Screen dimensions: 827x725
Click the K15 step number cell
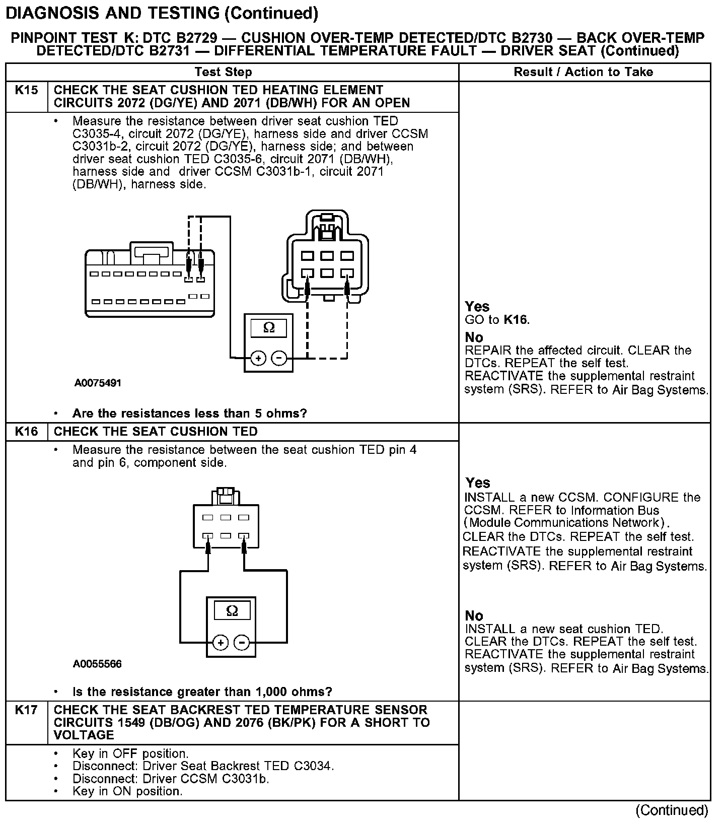[26, 91]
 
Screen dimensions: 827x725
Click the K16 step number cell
[26, 432]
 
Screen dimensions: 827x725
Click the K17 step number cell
[26, 710]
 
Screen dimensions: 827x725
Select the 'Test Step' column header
[223, 72]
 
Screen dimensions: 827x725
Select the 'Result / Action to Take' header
[583, 72]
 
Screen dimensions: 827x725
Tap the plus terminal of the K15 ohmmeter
[258, 358]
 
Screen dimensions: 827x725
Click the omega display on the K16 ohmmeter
[232, 611]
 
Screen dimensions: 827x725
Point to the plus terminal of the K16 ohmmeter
[221, 643]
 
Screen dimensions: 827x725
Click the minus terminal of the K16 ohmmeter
[242, 643]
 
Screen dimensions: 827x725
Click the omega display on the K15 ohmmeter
[269, 328]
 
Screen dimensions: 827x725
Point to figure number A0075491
[98, 383]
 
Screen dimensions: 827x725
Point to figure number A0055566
[97, 664]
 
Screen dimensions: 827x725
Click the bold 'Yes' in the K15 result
[477, 306]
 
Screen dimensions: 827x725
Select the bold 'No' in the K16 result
[474, 615]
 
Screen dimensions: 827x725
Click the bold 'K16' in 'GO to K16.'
[516, 319]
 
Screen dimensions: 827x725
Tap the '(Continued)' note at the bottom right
[672, 810]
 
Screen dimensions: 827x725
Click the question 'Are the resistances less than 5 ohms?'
[189, 413]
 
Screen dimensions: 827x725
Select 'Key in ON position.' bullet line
[127, 791]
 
